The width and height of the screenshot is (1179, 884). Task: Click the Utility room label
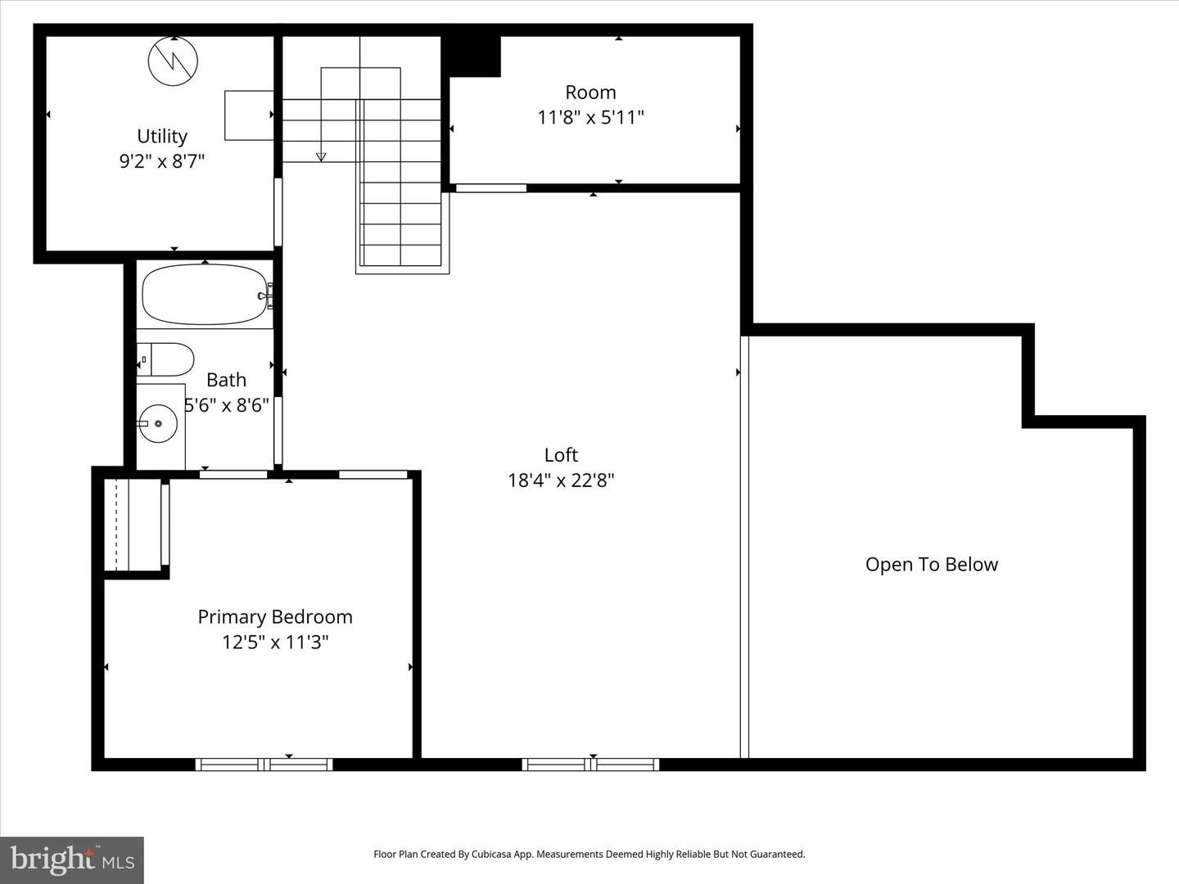[x=162, y=136]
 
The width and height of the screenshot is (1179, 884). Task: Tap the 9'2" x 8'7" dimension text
[x=162, y=161]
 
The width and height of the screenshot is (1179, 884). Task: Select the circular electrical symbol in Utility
[x=173, y=61]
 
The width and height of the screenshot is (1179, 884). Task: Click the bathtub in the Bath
[x=205, y=295]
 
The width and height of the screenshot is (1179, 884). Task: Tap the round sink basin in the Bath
[x=158, y=424]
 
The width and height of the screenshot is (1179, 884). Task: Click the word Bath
[x=226, y=380]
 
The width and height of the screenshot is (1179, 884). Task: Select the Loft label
[x=561, y=454]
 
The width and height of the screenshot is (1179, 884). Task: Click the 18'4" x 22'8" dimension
[x=561, y=480]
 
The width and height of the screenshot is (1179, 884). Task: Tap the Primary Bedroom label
[x=275, y=616]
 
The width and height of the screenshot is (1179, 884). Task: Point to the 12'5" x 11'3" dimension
[x=275, y=642]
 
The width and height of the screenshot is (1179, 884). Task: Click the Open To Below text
[x=932, y=564]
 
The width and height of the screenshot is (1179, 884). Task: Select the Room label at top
[x=590, y=92]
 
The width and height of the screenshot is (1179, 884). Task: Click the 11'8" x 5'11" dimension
[x=590, y=117]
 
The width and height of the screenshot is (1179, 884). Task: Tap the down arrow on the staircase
[x=321, y=156]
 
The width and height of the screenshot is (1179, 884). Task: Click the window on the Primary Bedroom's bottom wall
[x=264, y=764]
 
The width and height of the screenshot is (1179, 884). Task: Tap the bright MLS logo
[x=72, y=859]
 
